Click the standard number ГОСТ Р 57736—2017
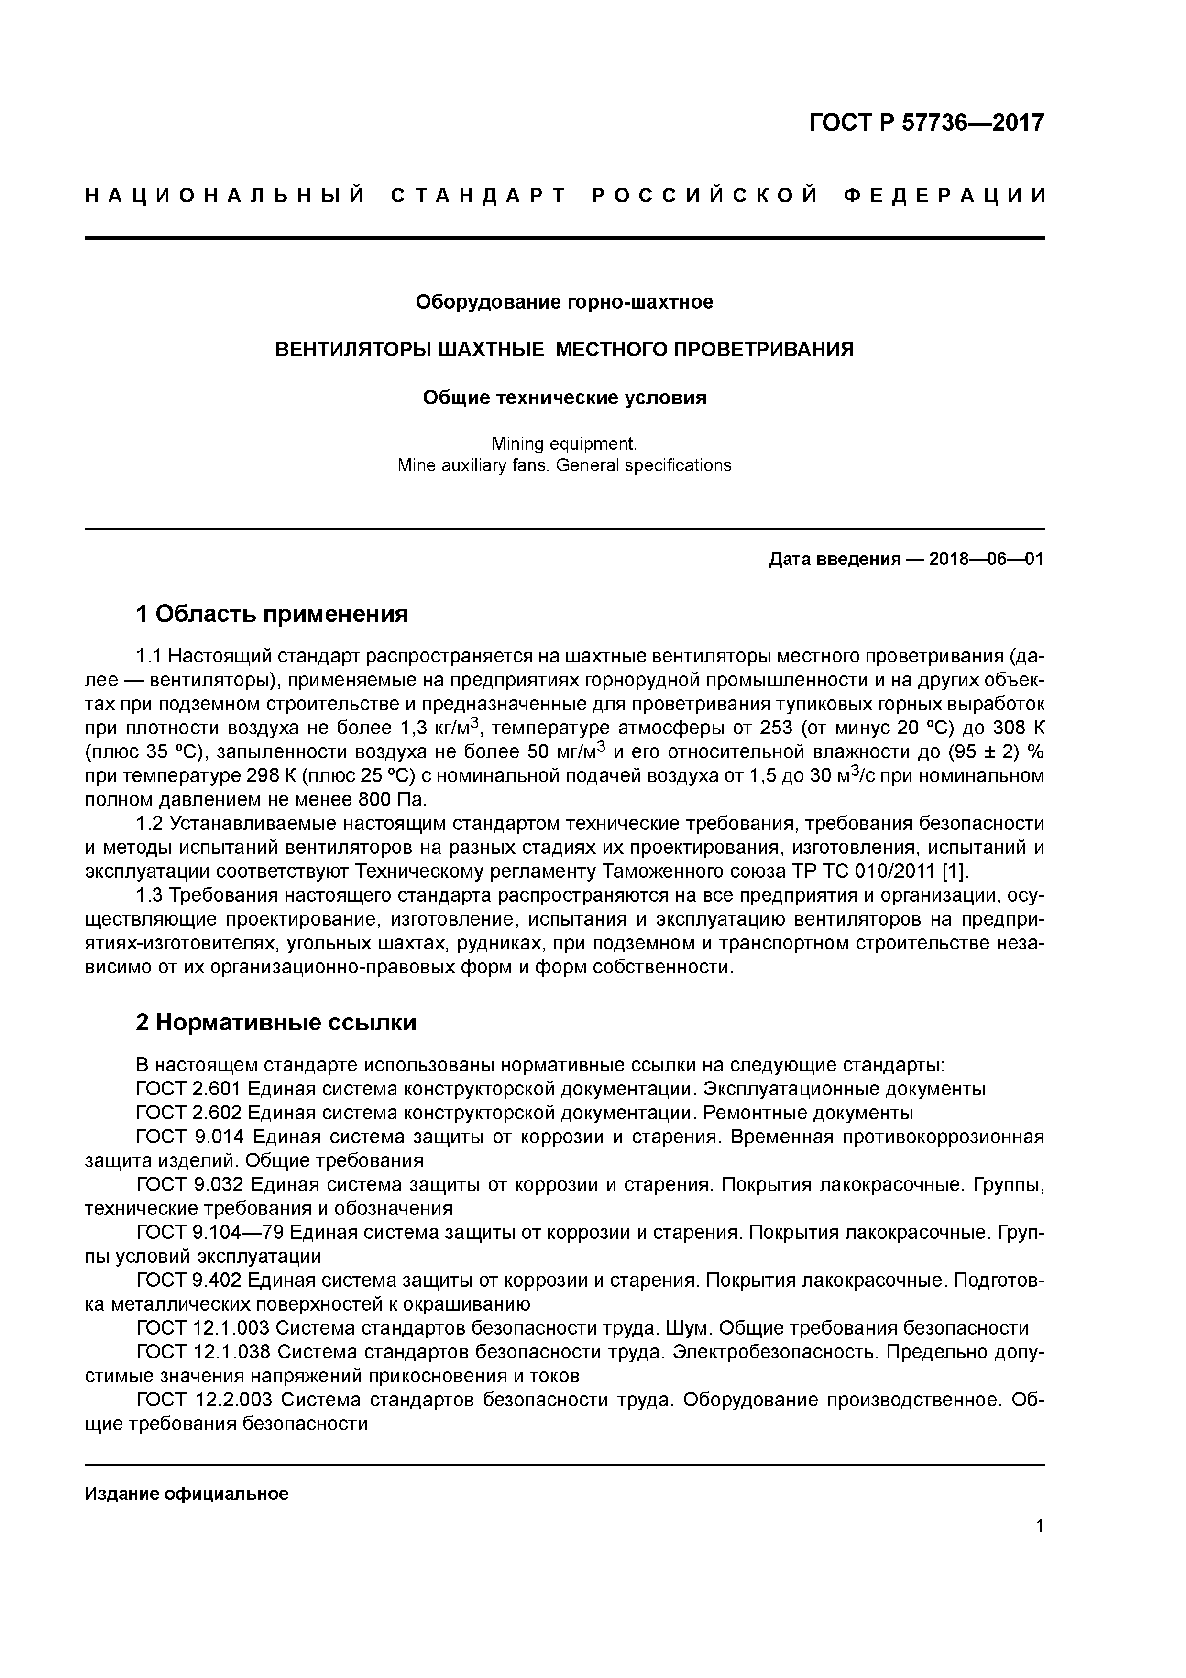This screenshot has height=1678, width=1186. [x=927, y=123]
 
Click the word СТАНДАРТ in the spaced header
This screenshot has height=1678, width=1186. [x=479, y=196]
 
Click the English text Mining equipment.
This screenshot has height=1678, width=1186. [x=564, y=443]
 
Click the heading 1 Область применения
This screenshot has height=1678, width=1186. [x=272, y=614]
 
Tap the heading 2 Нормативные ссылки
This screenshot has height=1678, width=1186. [x=276, y=1022]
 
